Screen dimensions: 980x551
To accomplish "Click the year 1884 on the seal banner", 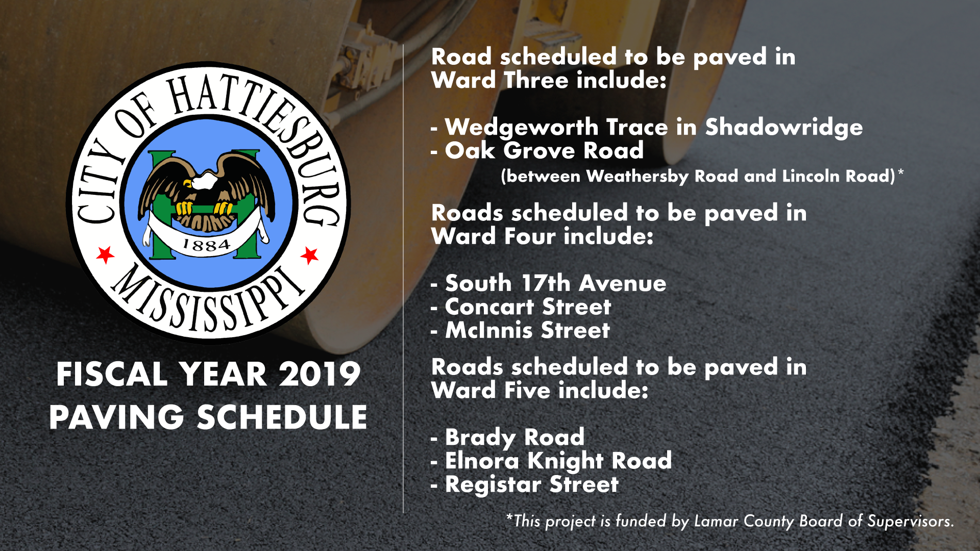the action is tap(206, 245).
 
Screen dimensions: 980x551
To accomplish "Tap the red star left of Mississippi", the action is tap(106, 254).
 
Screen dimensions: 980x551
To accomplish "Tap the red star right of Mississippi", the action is tap(309, 255).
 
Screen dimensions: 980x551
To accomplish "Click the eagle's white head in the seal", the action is tap(204, 181).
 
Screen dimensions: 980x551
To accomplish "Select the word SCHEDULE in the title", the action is tap(282, 417).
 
